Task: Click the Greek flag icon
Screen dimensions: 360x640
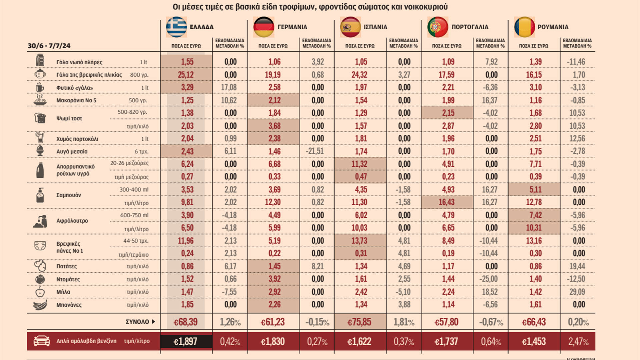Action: [177, 27]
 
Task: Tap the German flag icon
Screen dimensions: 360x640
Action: [264, 27]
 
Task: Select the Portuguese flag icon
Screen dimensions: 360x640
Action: [438, 27]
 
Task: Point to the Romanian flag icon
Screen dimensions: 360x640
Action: [524, 27]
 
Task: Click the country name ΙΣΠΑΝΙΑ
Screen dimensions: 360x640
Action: [375, 27]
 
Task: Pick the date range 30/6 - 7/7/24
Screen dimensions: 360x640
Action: [49, 46]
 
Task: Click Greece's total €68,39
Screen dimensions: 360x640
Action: [186, 322]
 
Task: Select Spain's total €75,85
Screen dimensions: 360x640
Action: [359, 322]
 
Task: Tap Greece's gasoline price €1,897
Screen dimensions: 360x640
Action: [186, 341]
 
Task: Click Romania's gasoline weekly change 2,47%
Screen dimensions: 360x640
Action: [578, 341]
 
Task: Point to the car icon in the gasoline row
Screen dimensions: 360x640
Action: [42, 341]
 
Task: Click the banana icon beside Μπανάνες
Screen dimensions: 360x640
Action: [40, 305]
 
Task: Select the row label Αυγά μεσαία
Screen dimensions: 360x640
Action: [72, 151]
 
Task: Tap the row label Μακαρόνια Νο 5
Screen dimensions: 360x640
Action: [76, 100]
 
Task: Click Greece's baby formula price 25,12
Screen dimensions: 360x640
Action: [186, 75]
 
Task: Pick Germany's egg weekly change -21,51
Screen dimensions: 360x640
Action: [315, 151]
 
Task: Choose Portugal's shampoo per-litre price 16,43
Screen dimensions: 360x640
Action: [447, 202]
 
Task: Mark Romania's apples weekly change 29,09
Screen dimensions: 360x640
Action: [577, 292]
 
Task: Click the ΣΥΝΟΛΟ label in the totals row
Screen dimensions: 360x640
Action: [137, 322]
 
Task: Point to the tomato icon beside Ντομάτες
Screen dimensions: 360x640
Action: [40, 279]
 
